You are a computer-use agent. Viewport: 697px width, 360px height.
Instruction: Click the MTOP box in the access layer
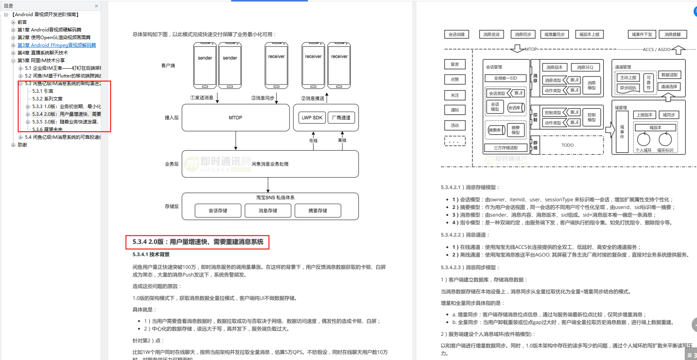[x=235, y=118]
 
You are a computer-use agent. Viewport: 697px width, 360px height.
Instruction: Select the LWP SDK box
[x=312, y=118]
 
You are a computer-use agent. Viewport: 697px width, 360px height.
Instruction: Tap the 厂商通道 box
[x=341, y=118]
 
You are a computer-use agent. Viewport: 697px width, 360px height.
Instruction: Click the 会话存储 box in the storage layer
[x=218, y=210]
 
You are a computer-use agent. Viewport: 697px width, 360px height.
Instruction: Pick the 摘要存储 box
[x=317, y=210]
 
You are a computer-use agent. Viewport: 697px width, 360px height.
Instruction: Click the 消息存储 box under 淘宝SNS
[x=268, y=210]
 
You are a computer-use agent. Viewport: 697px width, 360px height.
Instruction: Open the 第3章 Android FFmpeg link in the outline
[x=57, y=45]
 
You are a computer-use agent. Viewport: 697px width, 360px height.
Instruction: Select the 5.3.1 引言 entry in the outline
[x=43, y=91]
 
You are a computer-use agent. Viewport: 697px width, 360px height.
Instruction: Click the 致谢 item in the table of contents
[x=22, y=145]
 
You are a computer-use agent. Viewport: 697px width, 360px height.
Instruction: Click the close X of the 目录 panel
[x=96, y=6]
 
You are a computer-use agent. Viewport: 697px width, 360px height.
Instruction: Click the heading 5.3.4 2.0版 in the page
[x=198, y=242]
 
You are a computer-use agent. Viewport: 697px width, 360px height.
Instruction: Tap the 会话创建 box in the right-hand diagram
[x=457, y=35]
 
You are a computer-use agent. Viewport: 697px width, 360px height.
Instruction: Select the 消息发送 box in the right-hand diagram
[x=492, y=35]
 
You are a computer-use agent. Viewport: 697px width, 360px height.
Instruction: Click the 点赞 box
[x=455, y=80]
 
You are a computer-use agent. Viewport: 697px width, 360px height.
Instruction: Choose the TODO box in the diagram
[x=567, y=145]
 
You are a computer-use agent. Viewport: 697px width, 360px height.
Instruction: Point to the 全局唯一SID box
[x=505, y=78]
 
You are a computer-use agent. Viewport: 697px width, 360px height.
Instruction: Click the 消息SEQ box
[x=585, y=67]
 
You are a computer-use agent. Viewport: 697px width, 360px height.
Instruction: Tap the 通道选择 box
[x=669, y=87]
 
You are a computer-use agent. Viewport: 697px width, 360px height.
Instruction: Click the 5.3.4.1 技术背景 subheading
[x=151, y=255]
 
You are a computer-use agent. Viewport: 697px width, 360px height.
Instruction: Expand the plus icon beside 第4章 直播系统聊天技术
[x=13, y=53]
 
